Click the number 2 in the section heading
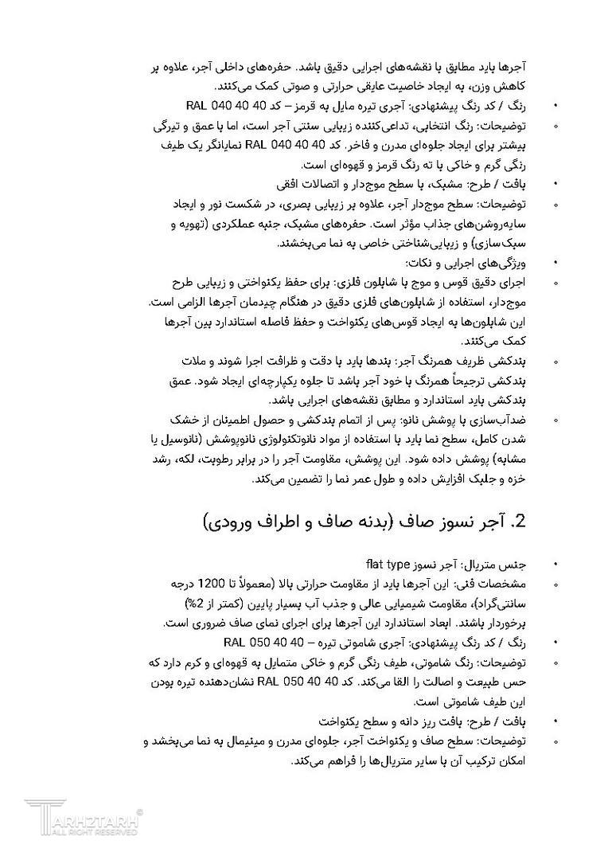point(520,522)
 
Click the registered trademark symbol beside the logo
point(141,811)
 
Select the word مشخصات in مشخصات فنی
point(509,583)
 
